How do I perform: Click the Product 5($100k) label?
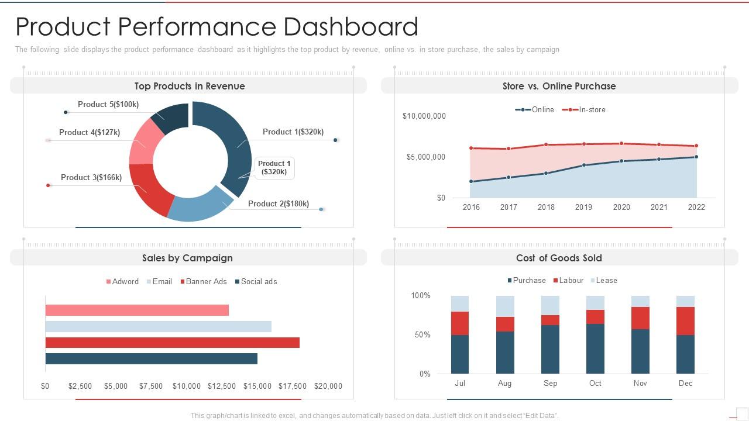108,104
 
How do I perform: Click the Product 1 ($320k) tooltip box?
274,168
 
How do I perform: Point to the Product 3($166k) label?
91,177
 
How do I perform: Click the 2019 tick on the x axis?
583,207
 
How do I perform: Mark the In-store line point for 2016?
471,148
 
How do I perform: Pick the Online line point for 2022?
696,157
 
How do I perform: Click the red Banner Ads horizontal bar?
172,343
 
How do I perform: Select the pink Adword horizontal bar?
137,310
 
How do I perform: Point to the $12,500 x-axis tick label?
222,386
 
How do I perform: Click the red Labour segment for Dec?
685,321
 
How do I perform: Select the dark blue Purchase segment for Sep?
550,349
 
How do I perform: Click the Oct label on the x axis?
595,383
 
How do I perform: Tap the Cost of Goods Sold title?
559,258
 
